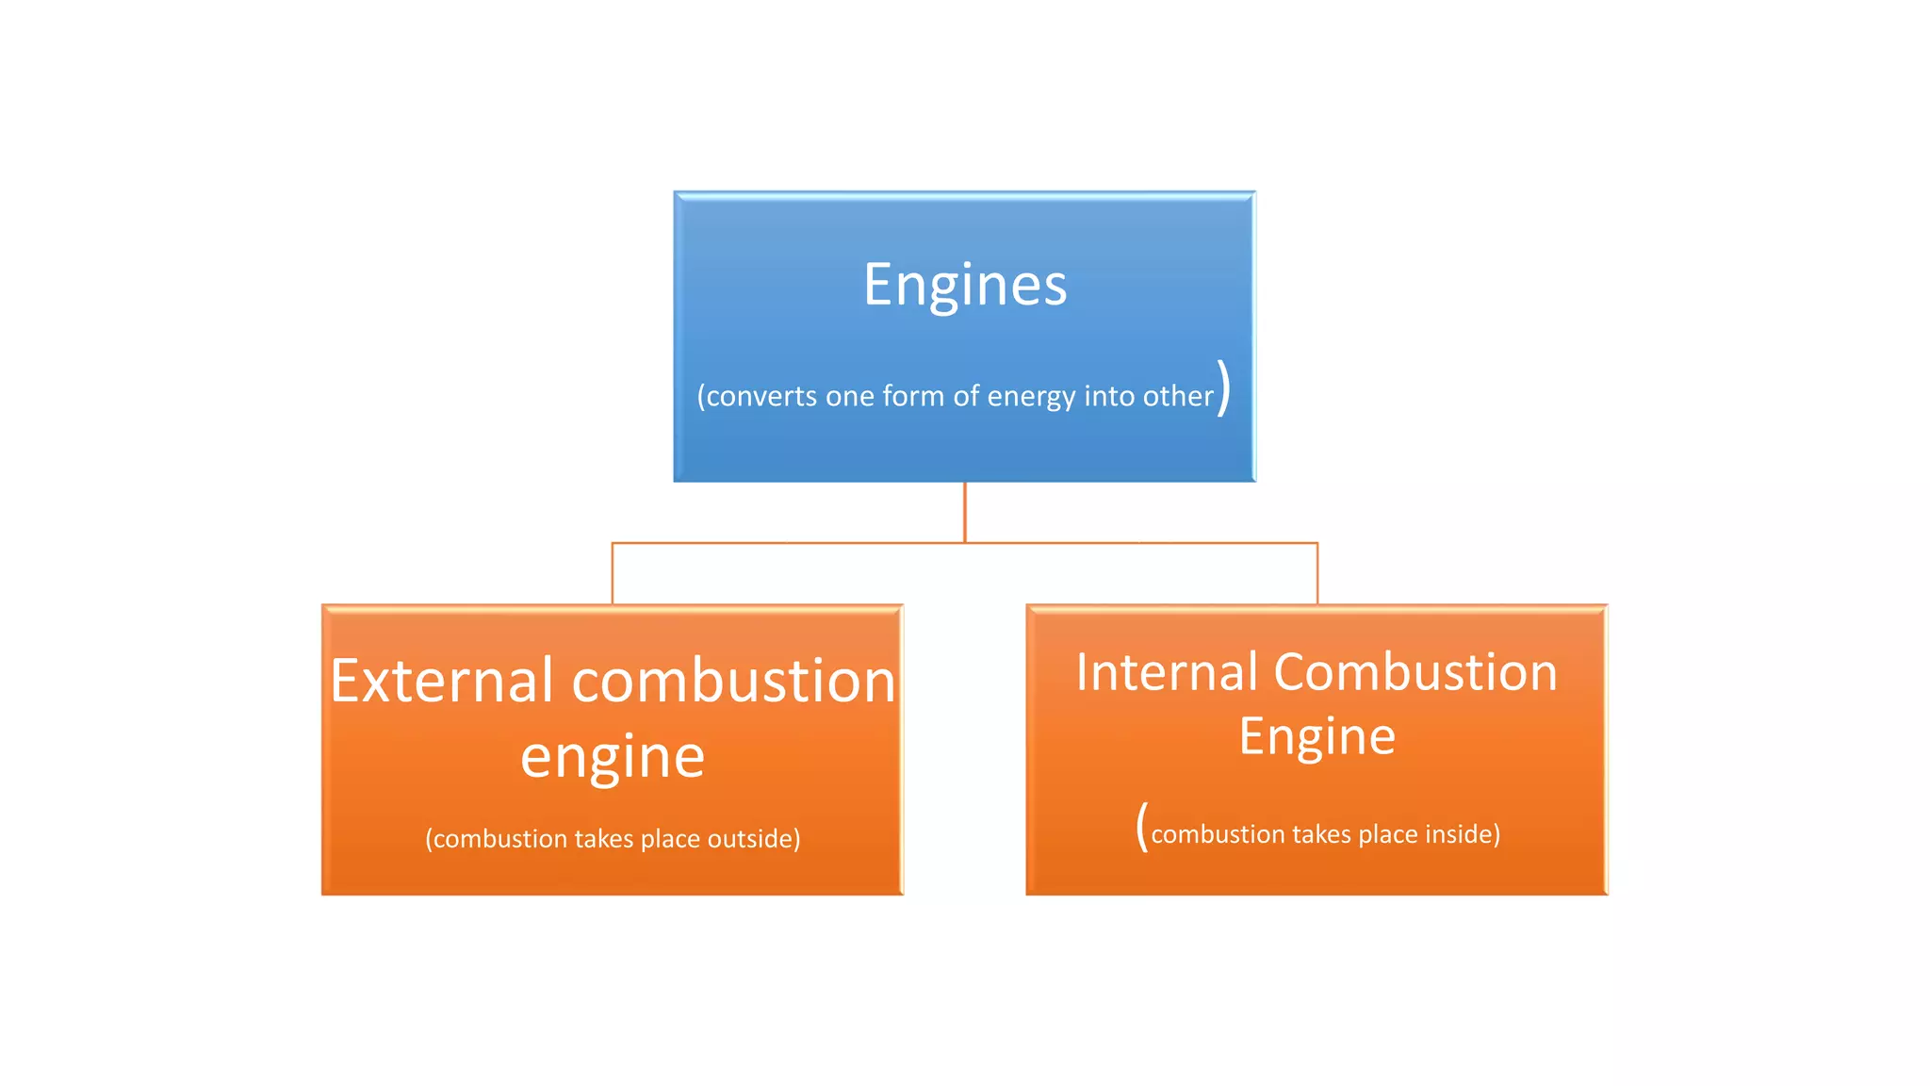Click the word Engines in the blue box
[965, 286]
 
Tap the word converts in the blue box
[761, 396]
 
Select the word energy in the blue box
[1032, 397]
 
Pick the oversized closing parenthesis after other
[1223, 387]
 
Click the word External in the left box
[442, 681]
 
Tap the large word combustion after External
[733, 681]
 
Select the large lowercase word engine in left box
[613, 757]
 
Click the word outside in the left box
[753, 839]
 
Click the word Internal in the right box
[1167, 673]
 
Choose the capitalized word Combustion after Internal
[1415, 673]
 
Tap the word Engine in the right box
[1317, 737]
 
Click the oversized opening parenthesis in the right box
[1142, 827]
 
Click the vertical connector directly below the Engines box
[965, 512]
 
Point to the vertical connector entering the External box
[613, 573]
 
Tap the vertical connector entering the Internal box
[1317, 573]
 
